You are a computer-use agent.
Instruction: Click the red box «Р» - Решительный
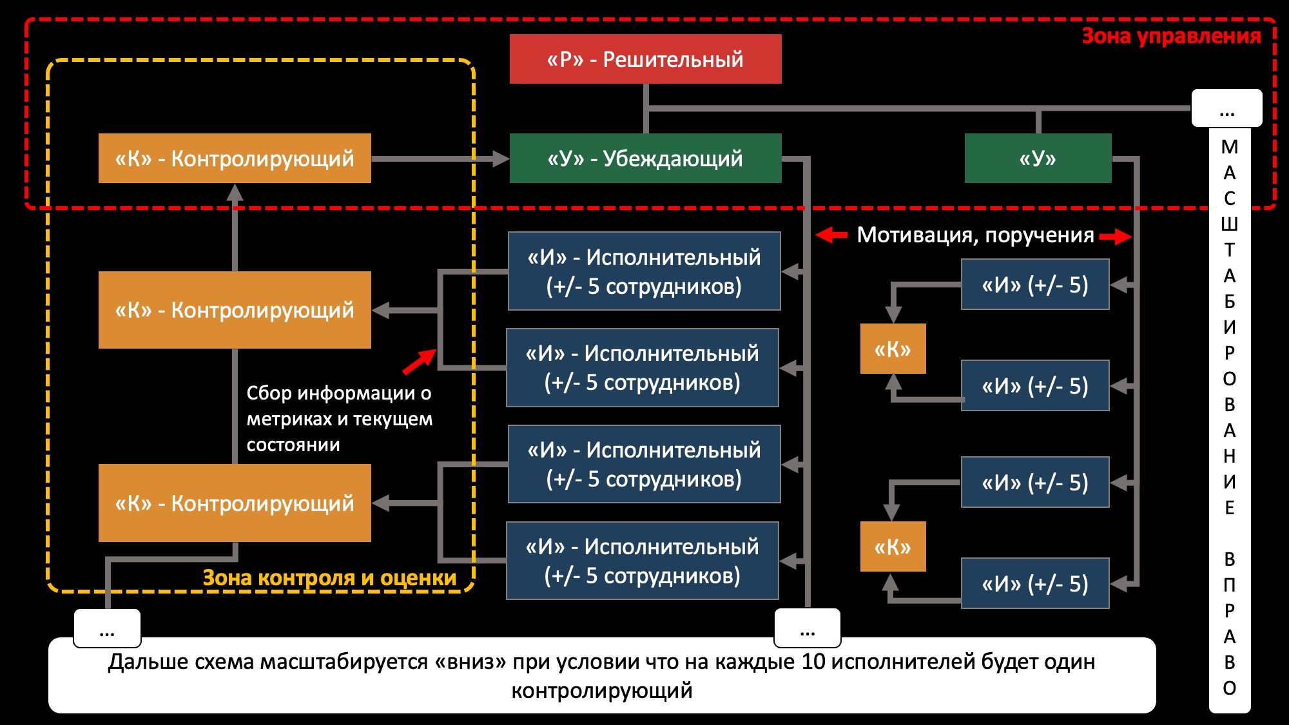[x=645, y=59]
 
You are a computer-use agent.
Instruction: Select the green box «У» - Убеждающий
[x=645, y=159]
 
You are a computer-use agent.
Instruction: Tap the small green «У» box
[x=1038, y=159]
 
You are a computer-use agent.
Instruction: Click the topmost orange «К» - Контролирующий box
[x=235, y=159]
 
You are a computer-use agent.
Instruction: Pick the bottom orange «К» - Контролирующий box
[x=235, y=503]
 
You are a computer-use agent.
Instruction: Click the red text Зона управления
[x=1170, y=36]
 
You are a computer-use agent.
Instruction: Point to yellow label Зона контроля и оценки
[x=329, y=578]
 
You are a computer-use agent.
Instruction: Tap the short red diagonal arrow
[x=420, y=362]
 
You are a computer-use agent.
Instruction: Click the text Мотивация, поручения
[x=975, y=235]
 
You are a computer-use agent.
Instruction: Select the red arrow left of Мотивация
[x=831, y=235]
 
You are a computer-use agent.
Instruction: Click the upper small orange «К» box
[x=893, y=349]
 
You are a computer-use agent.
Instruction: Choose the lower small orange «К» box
[x=893, y=547]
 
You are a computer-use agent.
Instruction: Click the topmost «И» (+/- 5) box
[x=1035, y=285]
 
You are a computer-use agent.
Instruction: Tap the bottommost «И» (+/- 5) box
[x=1035, y=584]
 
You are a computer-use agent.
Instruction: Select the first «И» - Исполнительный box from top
[x=644, y=271]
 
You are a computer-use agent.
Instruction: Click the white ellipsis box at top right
[x=1226, y=108]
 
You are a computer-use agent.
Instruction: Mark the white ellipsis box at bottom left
[x=107, y=628]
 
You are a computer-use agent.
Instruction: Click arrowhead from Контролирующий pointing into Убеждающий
[x=501, y=159]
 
